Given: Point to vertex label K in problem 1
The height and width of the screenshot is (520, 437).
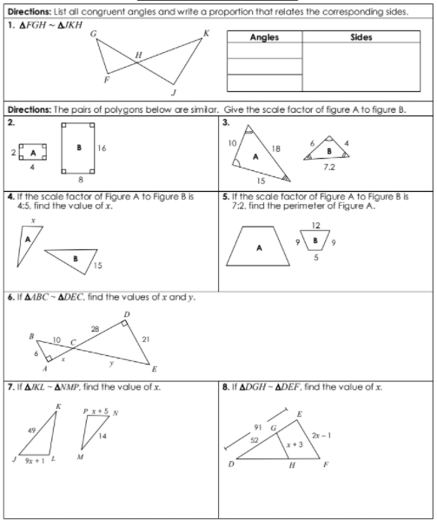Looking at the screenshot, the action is coord(206,33).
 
